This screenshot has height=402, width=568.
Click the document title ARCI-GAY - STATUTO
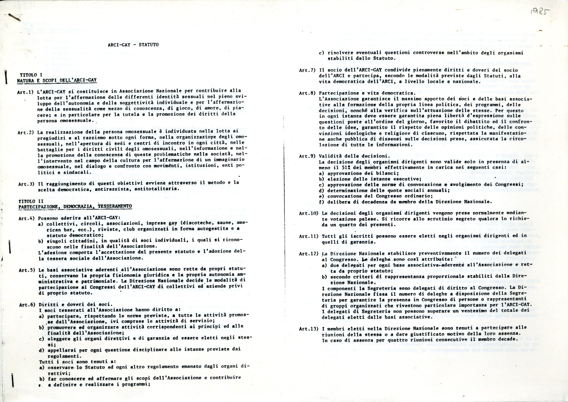pos(133,45)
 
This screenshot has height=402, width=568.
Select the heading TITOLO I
pos(31,75)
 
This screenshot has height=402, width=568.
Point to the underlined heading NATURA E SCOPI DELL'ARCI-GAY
pos(57,81)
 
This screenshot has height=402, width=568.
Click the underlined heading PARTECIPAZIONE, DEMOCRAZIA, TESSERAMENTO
pos(75,207)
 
